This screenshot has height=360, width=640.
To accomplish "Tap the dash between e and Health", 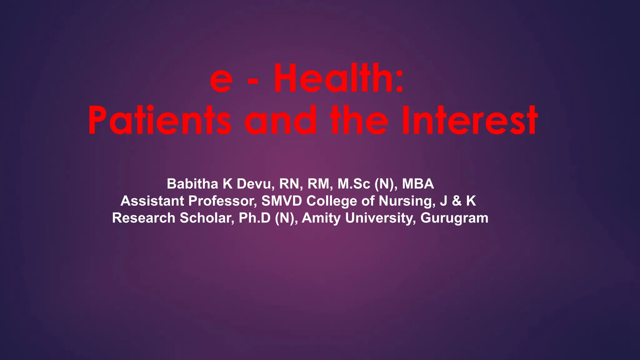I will tap(253, 82).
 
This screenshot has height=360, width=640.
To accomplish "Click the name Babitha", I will tap(192, 184).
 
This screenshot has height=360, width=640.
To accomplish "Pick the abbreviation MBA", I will tap(418, 184).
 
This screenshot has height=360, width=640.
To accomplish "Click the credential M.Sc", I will tap(354, 184).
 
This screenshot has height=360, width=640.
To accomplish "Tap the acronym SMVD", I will tap(282, 201).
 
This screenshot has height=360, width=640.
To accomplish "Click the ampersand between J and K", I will tap(457, 201).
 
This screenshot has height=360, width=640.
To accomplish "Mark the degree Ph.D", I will tap(254, 218).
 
